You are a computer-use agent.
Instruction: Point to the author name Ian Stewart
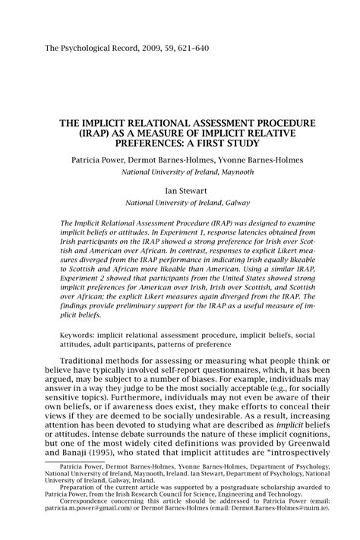pos(180,191)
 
